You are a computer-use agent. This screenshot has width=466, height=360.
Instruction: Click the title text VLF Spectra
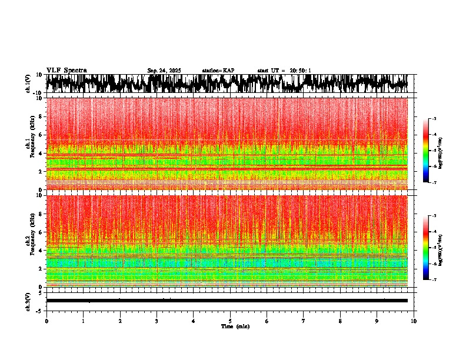(66, 71)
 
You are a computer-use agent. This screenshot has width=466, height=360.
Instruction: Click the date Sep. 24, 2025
(164, 71)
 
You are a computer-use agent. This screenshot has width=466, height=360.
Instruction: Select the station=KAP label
(218, 71)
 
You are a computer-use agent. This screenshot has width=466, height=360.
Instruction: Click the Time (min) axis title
(235, 326)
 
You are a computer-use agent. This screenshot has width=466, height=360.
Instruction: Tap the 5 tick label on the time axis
(230, 321)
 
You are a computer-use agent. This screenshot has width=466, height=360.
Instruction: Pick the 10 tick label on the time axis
(414, 321)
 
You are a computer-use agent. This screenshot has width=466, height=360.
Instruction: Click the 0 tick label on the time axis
(46, 321)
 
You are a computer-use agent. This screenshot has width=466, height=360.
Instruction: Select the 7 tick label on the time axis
(304, 321)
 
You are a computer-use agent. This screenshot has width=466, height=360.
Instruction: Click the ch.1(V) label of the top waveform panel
(28, 84)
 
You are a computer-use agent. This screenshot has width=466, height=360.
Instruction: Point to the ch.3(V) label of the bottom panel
(28, 301)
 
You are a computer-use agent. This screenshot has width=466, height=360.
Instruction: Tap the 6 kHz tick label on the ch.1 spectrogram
(40, 135)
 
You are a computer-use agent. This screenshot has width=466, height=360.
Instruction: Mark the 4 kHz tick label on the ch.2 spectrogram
(40, 251)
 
